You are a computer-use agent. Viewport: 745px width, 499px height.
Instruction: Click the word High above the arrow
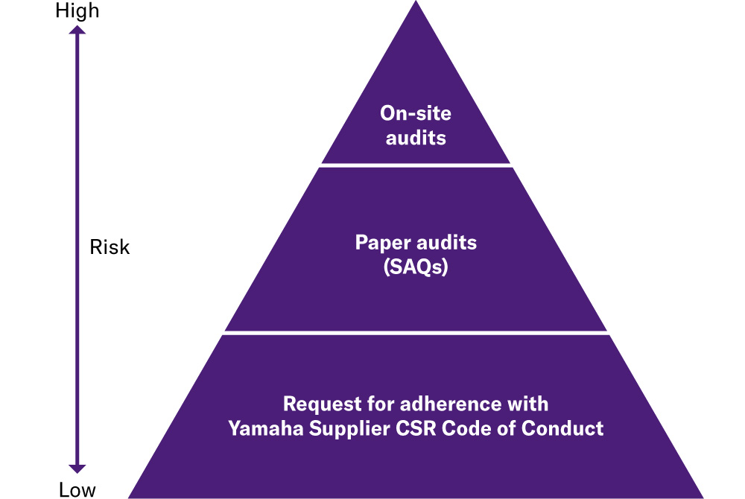click(x=77, y=11)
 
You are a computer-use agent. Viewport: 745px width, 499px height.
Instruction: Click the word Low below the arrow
click(x=77, y=489)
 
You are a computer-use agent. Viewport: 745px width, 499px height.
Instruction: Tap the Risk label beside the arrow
click(x=110, y=247)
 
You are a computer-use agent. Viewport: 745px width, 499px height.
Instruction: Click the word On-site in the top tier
click(x=416, y=114)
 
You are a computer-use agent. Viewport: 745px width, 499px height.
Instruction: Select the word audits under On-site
click(x=416, y=137)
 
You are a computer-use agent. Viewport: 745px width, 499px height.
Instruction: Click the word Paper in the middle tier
click(x=379, y=244)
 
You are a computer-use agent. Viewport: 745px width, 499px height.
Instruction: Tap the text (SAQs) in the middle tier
click(x=416, y=267)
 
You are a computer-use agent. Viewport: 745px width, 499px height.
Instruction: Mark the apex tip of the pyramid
click(x=416, y=3)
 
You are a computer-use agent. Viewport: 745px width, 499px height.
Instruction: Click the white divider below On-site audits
click(x=416, y=165)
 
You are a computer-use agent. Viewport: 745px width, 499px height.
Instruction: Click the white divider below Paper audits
click(x=416, y=333)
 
